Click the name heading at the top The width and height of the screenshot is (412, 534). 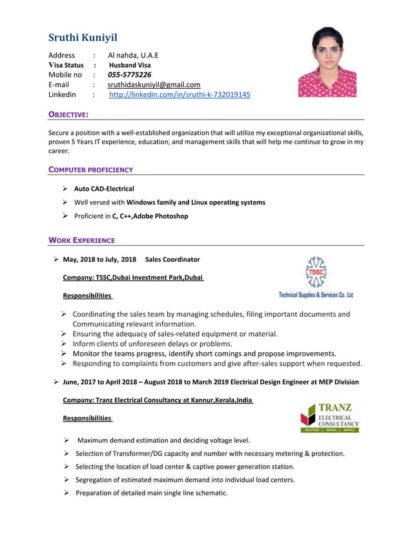[83, 37]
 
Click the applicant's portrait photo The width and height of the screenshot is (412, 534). [327, 62]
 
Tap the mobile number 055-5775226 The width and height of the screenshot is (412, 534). [129, 75]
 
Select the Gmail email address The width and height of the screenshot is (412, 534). [154, 85]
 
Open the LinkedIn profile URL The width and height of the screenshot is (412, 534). [180, 94]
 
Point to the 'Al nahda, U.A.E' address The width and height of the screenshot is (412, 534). [133, 56]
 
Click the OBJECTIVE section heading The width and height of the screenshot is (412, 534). [69, 114]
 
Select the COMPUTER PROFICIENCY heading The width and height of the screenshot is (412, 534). [91, 170]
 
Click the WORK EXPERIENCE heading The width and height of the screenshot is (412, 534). [82, 240]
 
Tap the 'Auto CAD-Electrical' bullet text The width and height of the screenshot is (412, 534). [104, 189]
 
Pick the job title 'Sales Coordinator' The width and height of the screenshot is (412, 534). [172, 260]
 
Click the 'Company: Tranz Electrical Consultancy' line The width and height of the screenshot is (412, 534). [158, 400]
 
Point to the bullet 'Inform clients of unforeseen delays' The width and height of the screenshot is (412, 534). [152, 344]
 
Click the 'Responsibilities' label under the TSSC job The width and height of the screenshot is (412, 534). [87, 296]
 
